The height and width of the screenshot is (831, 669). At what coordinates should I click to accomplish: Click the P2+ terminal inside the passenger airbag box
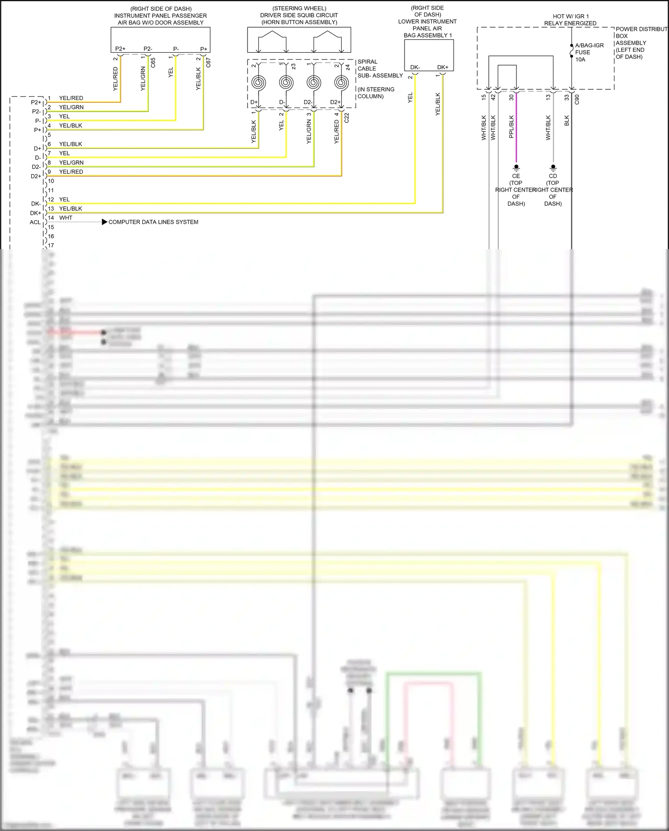120,49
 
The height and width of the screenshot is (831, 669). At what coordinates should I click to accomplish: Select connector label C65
153,63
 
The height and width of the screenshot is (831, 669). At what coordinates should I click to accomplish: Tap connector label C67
208,63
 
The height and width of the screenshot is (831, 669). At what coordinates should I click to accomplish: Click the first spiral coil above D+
259,83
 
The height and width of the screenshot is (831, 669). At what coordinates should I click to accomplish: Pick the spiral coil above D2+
341,83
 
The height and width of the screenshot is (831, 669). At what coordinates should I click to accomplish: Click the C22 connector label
347,118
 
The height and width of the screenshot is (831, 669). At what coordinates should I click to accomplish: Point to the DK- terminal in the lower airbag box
415,67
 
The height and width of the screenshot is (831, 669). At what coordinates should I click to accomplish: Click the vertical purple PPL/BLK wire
516,134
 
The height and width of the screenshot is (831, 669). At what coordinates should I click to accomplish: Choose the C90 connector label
577,99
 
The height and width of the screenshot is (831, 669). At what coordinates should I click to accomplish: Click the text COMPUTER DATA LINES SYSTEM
153,222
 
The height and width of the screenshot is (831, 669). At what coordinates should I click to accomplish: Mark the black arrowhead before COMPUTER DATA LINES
104,222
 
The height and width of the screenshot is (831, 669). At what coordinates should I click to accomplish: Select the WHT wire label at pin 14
66,218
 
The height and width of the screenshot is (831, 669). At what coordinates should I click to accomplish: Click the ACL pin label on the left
35,222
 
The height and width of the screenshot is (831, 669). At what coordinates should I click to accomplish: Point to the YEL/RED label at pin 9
71,172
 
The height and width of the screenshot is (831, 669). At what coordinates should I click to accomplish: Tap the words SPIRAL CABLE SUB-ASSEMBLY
379,69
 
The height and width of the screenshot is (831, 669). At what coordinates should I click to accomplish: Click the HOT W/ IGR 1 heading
570,16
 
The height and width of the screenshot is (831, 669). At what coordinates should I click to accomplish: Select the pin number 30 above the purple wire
512,97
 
